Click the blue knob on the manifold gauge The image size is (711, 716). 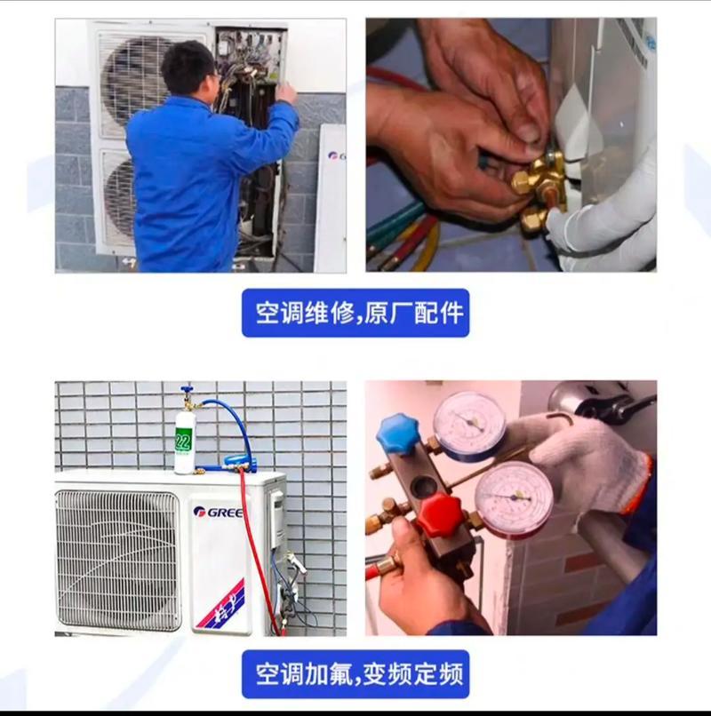point(397,434)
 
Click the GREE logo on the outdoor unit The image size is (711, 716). point(218,512)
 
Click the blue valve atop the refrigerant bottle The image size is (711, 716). point(187,390)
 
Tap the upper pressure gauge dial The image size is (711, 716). point(470,424)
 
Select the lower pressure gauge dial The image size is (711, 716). point(514,498)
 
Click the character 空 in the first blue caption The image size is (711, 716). point(268,313)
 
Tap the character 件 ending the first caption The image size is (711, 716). point(451,313)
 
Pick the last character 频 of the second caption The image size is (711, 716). point(451,674)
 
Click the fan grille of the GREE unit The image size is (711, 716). point(118,560)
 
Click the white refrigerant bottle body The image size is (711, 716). point(185,442)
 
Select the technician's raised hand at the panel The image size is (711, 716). point(286,92)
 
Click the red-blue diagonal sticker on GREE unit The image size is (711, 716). point(221,603)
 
